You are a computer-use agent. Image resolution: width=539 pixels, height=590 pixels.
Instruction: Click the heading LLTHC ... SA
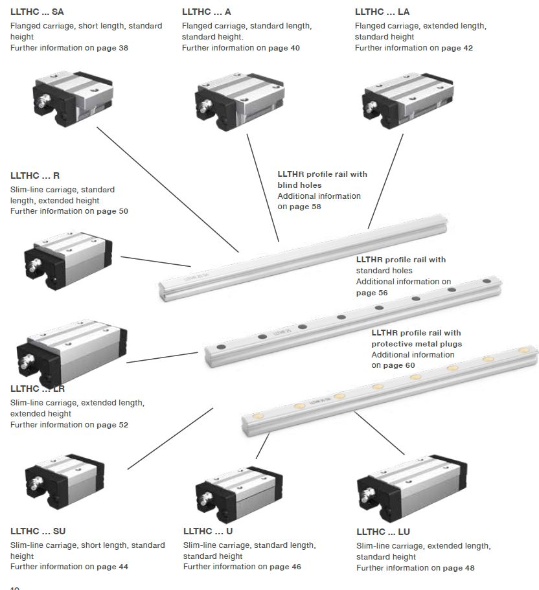click(37, 12)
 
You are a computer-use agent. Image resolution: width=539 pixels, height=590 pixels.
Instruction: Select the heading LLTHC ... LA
click(382, 12)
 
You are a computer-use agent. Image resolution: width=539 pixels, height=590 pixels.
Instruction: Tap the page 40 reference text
click(284, 48)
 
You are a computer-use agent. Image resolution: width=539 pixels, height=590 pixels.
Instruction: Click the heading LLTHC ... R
click(35, 176)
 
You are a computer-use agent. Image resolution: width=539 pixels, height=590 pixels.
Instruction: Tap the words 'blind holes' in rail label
click(299, 185)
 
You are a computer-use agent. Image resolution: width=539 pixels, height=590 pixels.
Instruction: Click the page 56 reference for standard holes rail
click(372, 293)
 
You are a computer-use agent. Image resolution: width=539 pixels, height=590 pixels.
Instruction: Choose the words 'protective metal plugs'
click(417, 344)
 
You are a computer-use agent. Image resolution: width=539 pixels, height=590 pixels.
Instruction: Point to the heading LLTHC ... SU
click(38, 531)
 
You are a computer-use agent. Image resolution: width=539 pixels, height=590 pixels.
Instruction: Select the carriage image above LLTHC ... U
click(238, 491)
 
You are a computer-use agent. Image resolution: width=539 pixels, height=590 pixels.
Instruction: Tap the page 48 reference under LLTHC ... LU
click(459, 568)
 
